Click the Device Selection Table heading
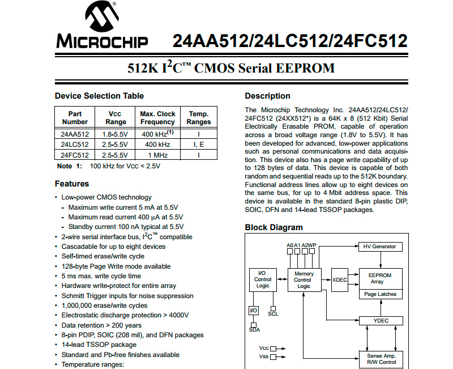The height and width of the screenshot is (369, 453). (x=99, y=96)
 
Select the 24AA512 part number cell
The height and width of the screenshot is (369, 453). (x=75, y=134)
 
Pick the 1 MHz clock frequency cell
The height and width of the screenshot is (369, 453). (x=158, y=155)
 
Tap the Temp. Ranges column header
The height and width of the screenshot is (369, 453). (x=199, y=118)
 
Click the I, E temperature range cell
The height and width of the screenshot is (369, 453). (x=199, y=145)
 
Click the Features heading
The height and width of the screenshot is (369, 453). (x=72, y=184)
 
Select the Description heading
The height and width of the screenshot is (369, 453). (x=267, y=96)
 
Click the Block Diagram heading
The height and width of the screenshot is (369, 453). (x=273, y=227)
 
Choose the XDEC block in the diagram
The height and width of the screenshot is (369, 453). (x=340, y=279)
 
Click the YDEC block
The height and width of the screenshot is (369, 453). (x=381, y=320)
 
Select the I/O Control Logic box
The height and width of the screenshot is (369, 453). (x=263, y=279)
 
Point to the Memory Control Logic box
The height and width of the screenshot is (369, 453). (x=303, y=279)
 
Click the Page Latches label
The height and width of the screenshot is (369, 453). (x=380, y=294)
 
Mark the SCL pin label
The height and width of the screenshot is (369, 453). (x=273, y=313)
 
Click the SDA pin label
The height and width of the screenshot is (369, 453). (x=254, y=329)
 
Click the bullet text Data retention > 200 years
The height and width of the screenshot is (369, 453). (x=101, y=325)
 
